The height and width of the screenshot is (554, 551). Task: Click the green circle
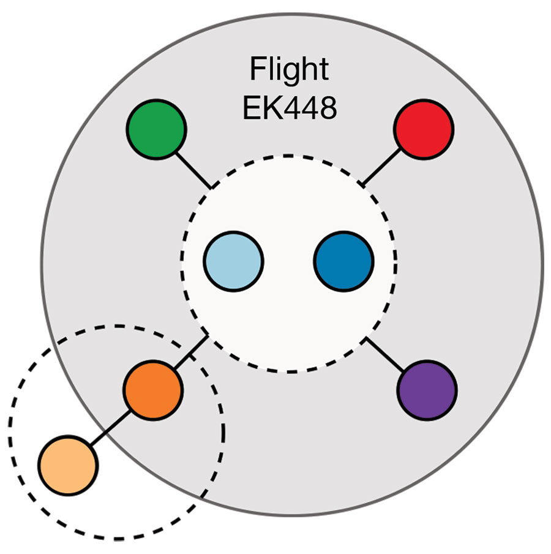click(x=156, y=129)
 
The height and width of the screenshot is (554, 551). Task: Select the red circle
click(x=424, y=129)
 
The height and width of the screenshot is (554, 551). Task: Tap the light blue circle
click(x=233, y=262)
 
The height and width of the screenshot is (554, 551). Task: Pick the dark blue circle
click(x=344, y=262)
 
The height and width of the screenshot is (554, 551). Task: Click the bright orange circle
click(x=153, y=390)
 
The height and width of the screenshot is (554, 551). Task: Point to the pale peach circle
click(x=68, y=465)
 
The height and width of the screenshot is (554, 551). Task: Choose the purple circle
click(x=427, y=390)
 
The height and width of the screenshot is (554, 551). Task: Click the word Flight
click(x=290, y=70)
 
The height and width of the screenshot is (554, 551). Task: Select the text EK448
click(x=290, y=108)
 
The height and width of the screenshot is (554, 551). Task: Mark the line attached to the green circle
click(x=193, y=170)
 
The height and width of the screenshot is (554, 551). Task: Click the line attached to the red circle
click(x=381, y=167)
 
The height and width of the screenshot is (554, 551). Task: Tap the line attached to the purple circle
click(x=384, y=354)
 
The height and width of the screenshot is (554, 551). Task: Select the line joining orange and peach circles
click(x=110, y=428)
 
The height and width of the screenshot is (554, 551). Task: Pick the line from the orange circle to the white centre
click(x=191, y=352)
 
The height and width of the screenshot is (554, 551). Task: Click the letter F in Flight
click(x=257, y=69)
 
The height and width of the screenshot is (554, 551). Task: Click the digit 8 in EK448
click(x=328, y=108)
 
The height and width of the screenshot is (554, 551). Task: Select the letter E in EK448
click(x=252, y=108)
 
